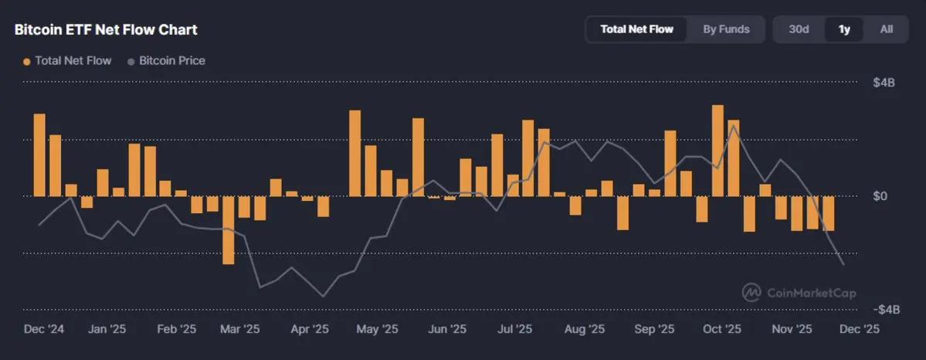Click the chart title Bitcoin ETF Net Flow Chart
[x=106, y=30]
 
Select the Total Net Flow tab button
[x=636, y=29]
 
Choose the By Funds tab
[x=726, y=29]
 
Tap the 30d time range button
[x=799, y=29]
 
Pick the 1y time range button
[x=844, y=29]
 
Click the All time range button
[x=887, y=29]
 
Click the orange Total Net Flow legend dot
[x=27, y=61]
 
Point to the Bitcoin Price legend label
[x=171, y=60]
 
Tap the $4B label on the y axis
[x=884, y=83]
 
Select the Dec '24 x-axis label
[x=44, y=329]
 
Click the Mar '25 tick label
[x=240, y=329]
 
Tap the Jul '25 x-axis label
[x=514, y=329]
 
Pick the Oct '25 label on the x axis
[x=722, y=329]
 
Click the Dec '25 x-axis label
[x=860, y=329]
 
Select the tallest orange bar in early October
[x=717, y=151]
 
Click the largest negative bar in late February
[x=228, y=230]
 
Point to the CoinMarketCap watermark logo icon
[x=751, y=292]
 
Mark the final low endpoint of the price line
[x=844, y=265]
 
